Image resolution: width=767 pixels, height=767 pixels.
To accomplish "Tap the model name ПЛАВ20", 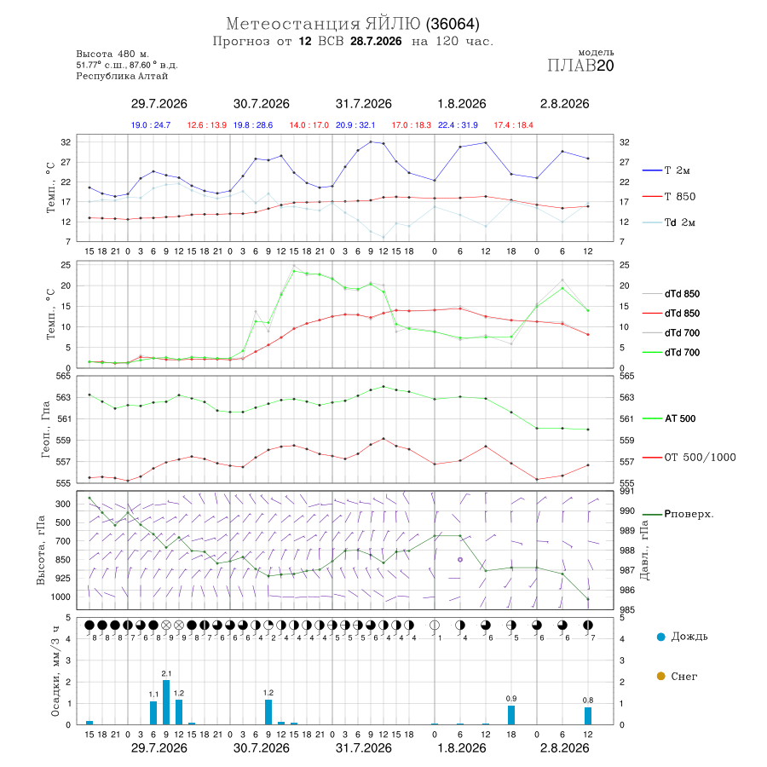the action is tap(580, 66).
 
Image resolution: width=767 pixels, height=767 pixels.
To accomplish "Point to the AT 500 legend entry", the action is tap(669, 418).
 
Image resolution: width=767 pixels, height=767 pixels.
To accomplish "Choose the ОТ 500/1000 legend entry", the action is tap(689, 458).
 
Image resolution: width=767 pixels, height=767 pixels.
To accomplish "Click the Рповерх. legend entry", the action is tap(678, 514).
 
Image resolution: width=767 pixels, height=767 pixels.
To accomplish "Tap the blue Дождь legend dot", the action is tap(661, 637).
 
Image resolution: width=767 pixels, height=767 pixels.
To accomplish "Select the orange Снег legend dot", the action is tap(661, 676).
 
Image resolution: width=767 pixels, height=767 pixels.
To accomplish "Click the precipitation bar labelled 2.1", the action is tap(166, 702).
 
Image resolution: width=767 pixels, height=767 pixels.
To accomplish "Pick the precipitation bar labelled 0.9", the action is tap(511, 715).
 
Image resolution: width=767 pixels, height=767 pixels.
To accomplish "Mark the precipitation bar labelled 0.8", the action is tap(588, 716).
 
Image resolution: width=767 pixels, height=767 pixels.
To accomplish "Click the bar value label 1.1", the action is tap(153, 694).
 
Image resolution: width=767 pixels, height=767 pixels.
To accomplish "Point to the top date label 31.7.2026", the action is tap(363, 104).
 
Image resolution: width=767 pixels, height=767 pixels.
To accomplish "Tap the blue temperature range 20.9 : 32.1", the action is tap(355, 125).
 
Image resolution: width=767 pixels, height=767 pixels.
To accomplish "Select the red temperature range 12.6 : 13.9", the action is tap(207, 125).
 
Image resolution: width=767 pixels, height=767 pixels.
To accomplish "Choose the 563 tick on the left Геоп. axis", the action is tap(64, 397).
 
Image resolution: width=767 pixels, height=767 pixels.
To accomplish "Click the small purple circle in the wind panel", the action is tap(460, 560).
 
